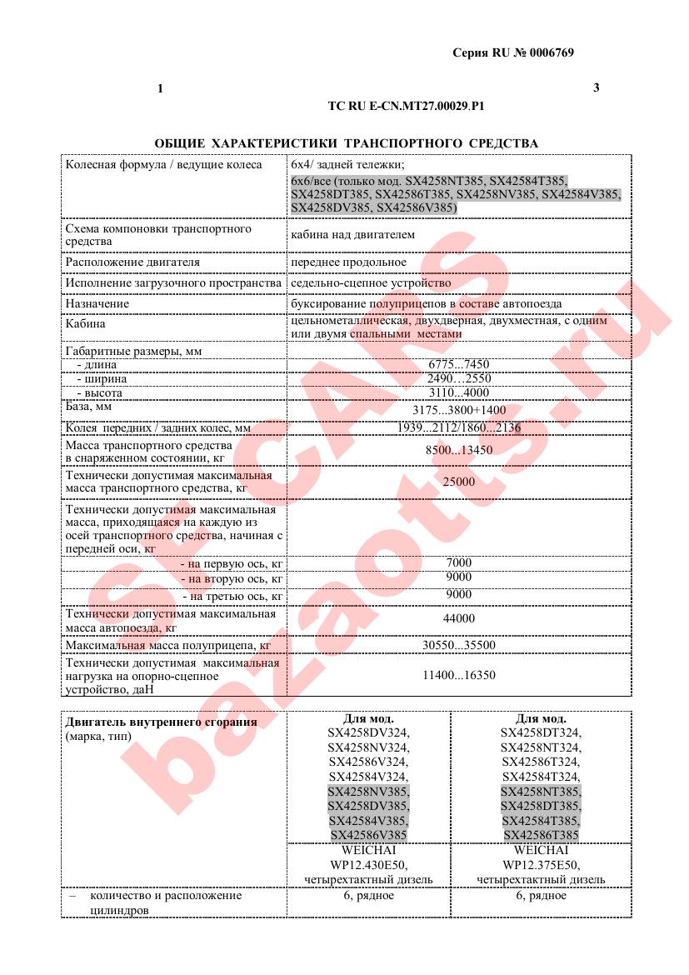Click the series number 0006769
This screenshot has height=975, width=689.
(x=551, y=52)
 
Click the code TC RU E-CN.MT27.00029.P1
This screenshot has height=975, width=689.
(x=407, y=107)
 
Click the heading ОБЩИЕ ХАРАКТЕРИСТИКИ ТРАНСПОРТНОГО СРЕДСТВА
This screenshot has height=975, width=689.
(x=346, y=143)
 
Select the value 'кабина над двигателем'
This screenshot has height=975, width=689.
(x=352, y=235)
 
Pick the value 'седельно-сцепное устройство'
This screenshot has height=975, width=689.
(x=371, y=283)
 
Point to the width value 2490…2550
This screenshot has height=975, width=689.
(x=458, y=378)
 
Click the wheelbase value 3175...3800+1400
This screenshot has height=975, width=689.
(x=459, y=410)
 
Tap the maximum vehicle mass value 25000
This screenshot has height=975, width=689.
(x=459, y=482)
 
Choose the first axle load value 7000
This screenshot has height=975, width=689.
(x=459, y=562)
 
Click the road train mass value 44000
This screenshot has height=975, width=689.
(x=459, y=618)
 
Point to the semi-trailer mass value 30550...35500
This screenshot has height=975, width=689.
(x=459, y=645)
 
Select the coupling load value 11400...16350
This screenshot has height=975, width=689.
(x=459, y=675)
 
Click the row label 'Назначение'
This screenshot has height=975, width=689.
(x=97, y=304)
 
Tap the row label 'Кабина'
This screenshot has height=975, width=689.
(x=86, y=324)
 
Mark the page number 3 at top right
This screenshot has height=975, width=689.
(x=596, y=87)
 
